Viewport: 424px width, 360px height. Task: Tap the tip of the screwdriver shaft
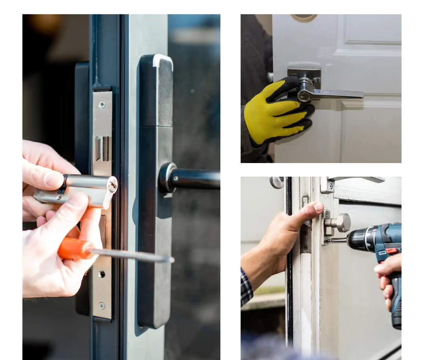tap(172, 260)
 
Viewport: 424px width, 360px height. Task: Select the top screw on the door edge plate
tap(102, 104)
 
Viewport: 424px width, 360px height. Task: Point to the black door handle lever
tap(195, 179)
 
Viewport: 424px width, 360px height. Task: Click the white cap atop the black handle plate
tap(162, 60)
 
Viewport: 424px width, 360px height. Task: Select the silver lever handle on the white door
tap(331, 94)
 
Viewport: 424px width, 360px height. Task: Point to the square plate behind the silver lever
tap(304, 74)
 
